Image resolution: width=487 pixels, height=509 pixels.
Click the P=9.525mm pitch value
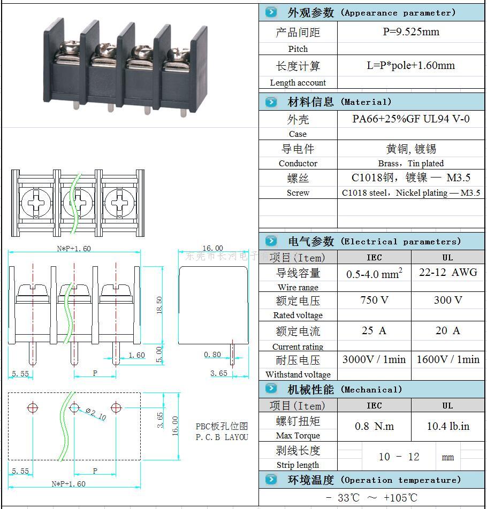pos(410,32)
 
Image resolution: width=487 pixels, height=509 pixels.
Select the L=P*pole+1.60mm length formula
pos(410,66)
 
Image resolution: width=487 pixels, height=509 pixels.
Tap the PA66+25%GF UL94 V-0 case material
pos(410,119)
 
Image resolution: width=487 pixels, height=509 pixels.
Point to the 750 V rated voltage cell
pos(374,300)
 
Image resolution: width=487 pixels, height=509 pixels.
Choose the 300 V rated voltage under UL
pos(448,300)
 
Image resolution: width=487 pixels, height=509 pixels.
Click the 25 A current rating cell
pos(374,331)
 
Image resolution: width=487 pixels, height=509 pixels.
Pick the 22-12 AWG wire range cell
pos(448,272)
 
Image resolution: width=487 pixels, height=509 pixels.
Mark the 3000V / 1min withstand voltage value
pos(374,360)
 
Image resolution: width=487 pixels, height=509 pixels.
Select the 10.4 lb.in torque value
pos(448,426)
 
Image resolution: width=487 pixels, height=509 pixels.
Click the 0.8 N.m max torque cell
pos(374,426)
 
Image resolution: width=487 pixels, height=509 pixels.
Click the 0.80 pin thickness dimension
pos(212,354)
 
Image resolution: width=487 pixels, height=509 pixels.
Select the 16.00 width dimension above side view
pos(212,248)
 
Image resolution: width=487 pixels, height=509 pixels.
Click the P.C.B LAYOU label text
pos(222,437)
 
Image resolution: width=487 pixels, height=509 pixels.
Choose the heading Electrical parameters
pos(374,241)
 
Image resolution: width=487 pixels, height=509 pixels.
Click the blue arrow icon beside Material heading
pos(271,102)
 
